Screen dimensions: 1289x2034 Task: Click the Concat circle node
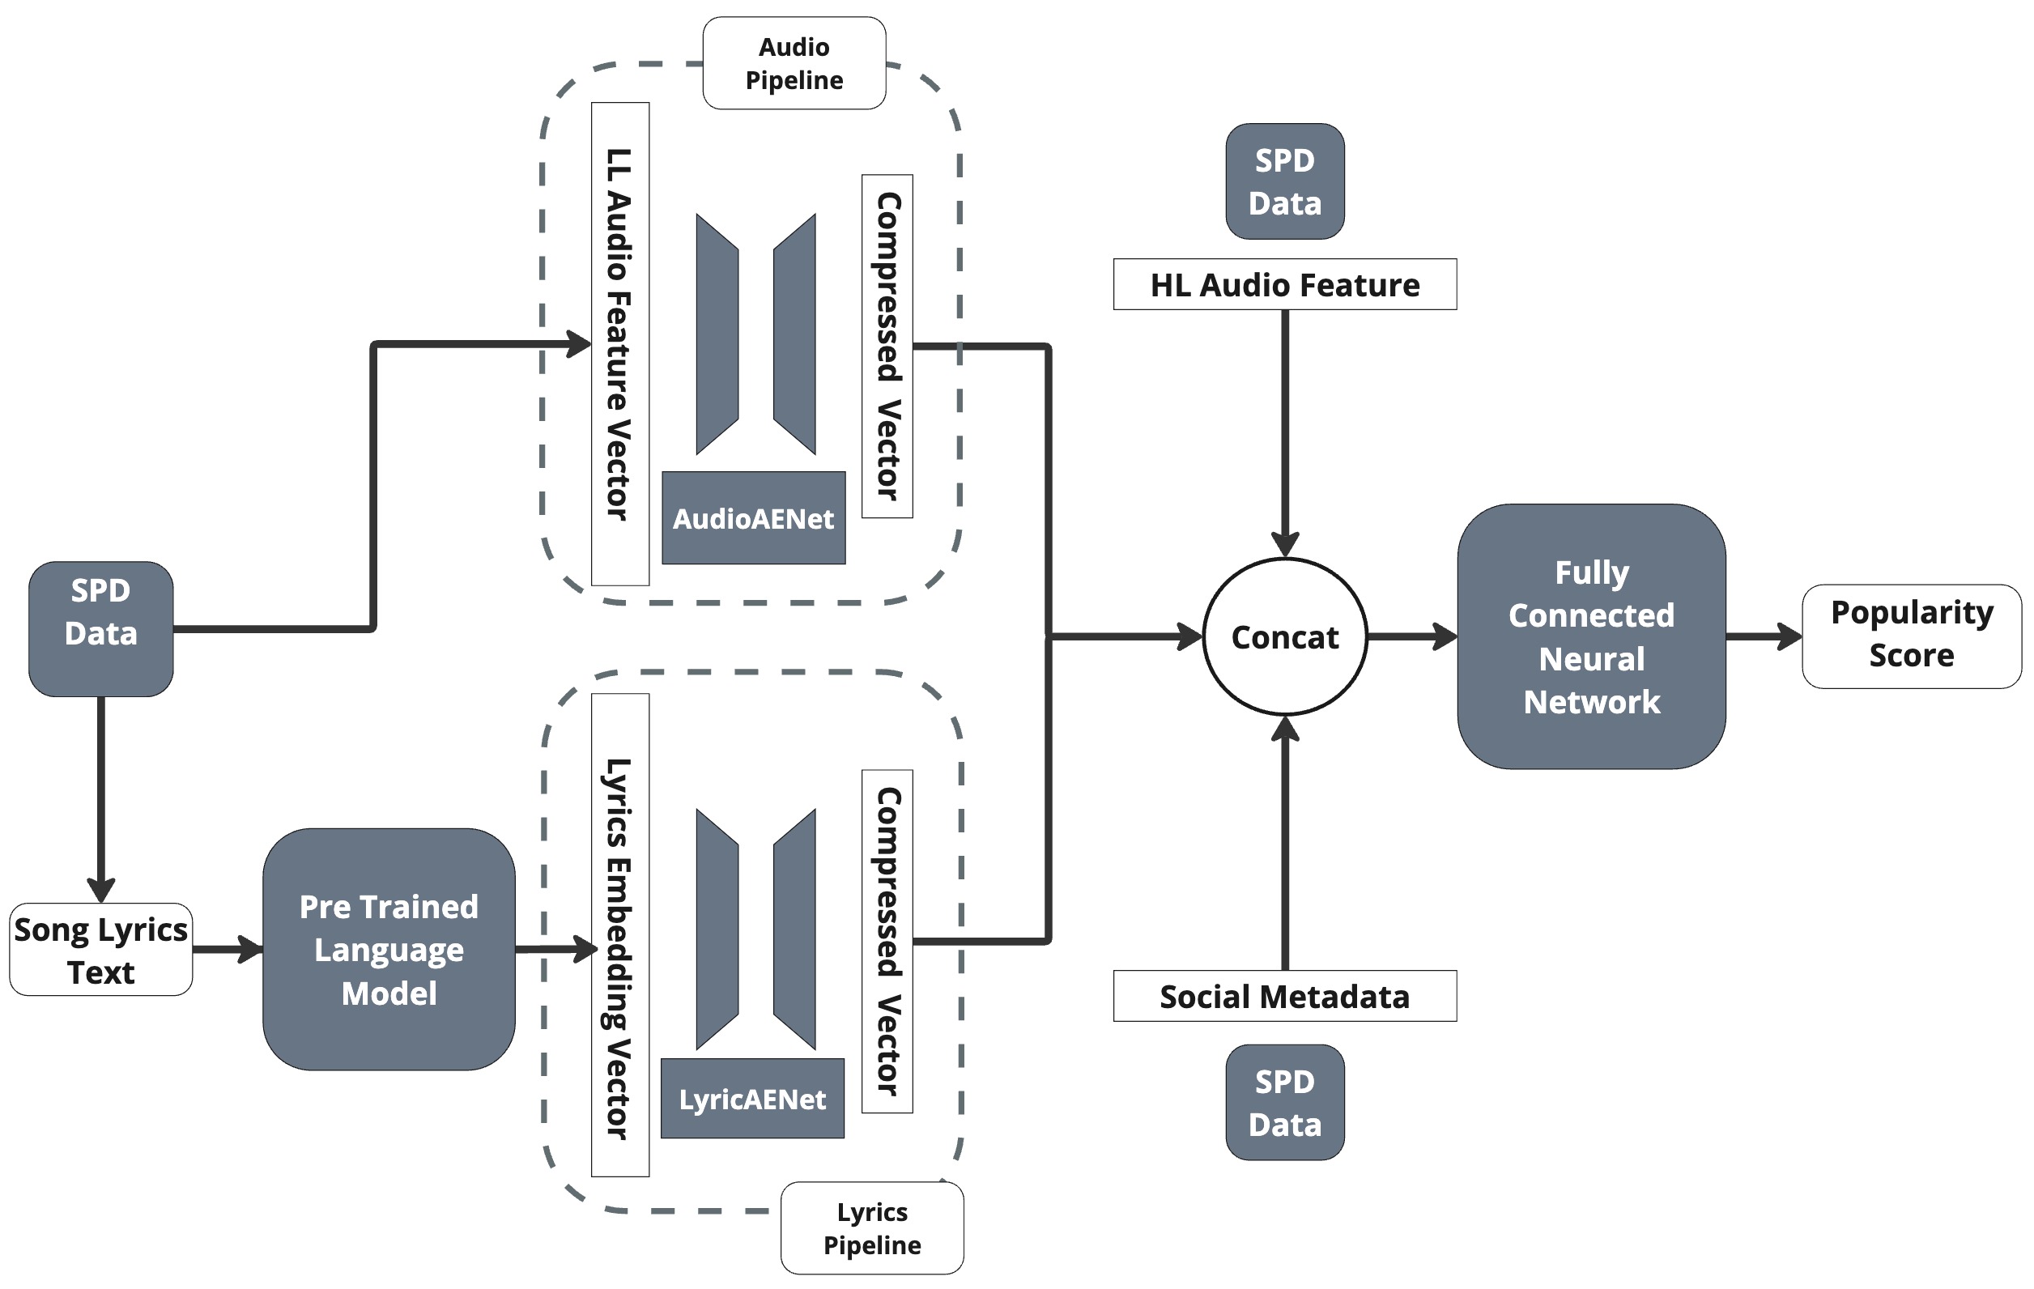coord(1284,637)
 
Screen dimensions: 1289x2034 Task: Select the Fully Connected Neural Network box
coord(1590,637)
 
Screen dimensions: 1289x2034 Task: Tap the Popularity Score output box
coord(1911,636)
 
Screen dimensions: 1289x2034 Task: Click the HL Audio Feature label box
coord(1284,285)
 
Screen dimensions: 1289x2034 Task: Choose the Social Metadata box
coord(1284,996)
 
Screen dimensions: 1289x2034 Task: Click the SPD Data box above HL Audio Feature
coord(1284,181)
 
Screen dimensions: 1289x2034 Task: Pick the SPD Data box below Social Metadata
coord(1284,1101)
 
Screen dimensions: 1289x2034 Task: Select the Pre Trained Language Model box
coord(389,950)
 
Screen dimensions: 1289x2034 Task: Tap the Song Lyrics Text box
coord(100,950)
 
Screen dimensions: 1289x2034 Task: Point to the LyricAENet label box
coord(751,1098)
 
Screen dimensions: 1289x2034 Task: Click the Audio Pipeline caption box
coord(794,63)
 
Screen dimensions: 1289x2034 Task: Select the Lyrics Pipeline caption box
coord(872,1227)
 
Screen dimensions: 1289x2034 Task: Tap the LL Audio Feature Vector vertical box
coord(620,344)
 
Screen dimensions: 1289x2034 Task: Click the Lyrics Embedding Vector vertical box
coord(620,935)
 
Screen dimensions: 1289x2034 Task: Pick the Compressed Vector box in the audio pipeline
coord(887,347)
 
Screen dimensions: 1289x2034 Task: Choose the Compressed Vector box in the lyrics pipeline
coord(887,941)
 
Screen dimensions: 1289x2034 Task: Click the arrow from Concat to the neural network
coord(1411,637)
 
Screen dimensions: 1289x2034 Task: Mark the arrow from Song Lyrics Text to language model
coord(227,950)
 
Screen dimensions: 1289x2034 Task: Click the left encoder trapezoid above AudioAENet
coord(717,334)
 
